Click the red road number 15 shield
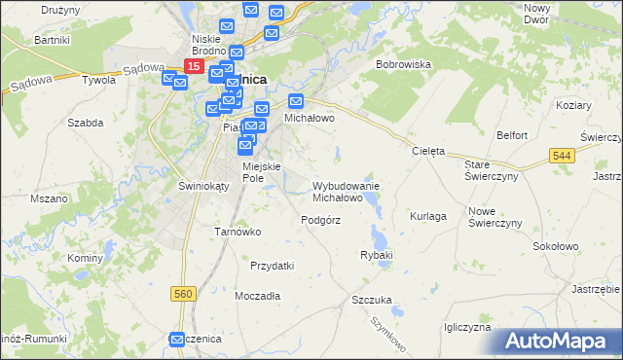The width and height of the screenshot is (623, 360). coord(193,66)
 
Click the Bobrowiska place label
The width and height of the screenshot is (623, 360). coord(403,64)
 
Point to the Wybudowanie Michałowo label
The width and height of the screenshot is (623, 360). coord(345,191)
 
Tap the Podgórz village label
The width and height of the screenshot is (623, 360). coord(320,220)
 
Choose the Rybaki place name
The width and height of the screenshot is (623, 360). coord(376,255)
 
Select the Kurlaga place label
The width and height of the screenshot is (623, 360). coord(428,216)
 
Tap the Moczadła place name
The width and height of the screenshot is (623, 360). coord(258,295)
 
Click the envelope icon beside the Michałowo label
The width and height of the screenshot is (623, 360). coord(296,100)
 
